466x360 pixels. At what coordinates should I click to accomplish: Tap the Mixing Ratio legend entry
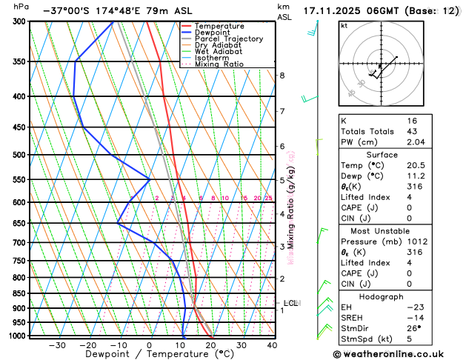click(x=219, y=64)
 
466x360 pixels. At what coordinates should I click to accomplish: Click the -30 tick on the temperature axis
click(x=57, y=344)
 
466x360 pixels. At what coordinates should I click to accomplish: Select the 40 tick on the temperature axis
click(x=273, y=344)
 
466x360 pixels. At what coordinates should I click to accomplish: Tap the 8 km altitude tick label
click(x=282, y=76)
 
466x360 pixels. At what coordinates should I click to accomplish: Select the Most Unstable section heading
click(x=397, y=231)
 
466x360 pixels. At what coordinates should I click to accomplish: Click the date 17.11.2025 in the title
click(x=337, y=10)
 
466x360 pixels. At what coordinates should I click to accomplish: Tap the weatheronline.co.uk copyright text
click(x=397, y=355)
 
